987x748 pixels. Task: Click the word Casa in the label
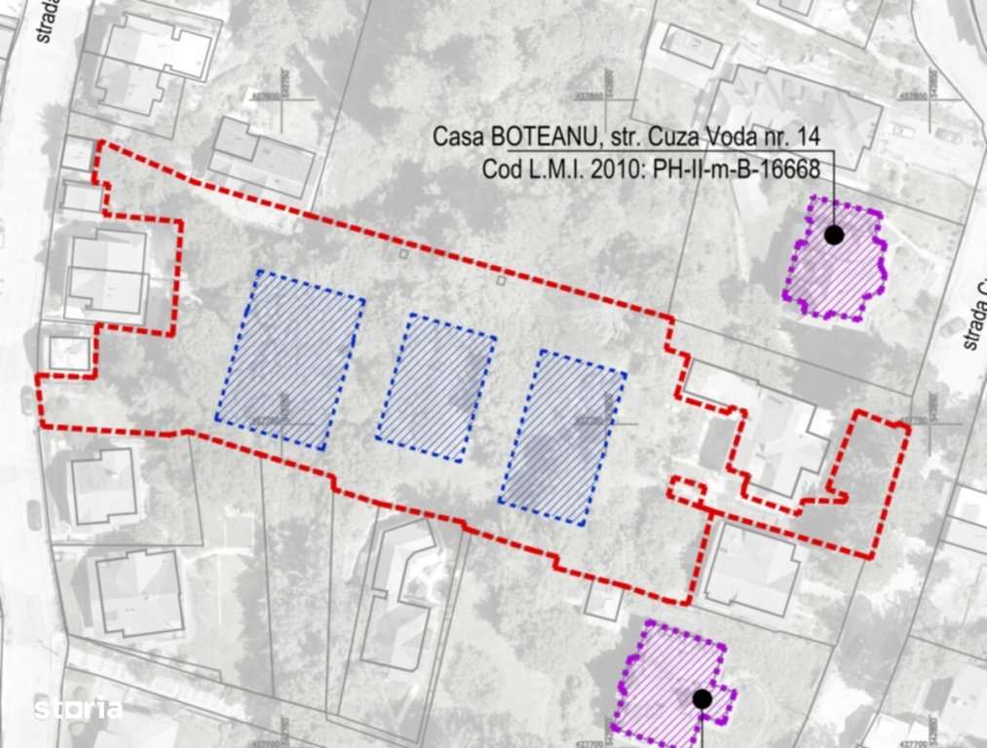457,135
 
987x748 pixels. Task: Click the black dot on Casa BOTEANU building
834,235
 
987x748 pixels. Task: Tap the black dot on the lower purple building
701,698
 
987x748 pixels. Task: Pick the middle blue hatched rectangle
436,387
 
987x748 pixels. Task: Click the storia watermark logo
78,709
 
